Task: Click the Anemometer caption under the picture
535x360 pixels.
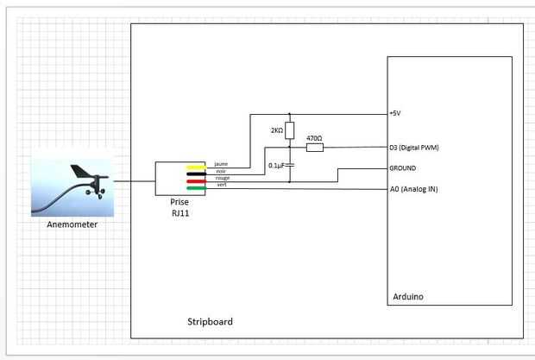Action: tap(72, 224)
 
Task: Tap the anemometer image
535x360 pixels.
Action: tap(72, 186)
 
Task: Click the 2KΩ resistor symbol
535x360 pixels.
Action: tap(290, 131)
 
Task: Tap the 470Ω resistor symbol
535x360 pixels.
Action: tap(315, 148)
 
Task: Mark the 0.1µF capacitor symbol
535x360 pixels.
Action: tap(290, 164)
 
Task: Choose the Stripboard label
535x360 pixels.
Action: tap(210, 321)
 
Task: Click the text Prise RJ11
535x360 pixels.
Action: tap(179, 206)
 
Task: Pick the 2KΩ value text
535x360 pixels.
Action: tap(276, 130)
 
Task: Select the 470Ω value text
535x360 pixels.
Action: tap(314, 138)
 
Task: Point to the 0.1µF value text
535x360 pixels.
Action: tap(276, 164)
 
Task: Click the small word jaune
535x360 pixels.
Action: tap(221, 163)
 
